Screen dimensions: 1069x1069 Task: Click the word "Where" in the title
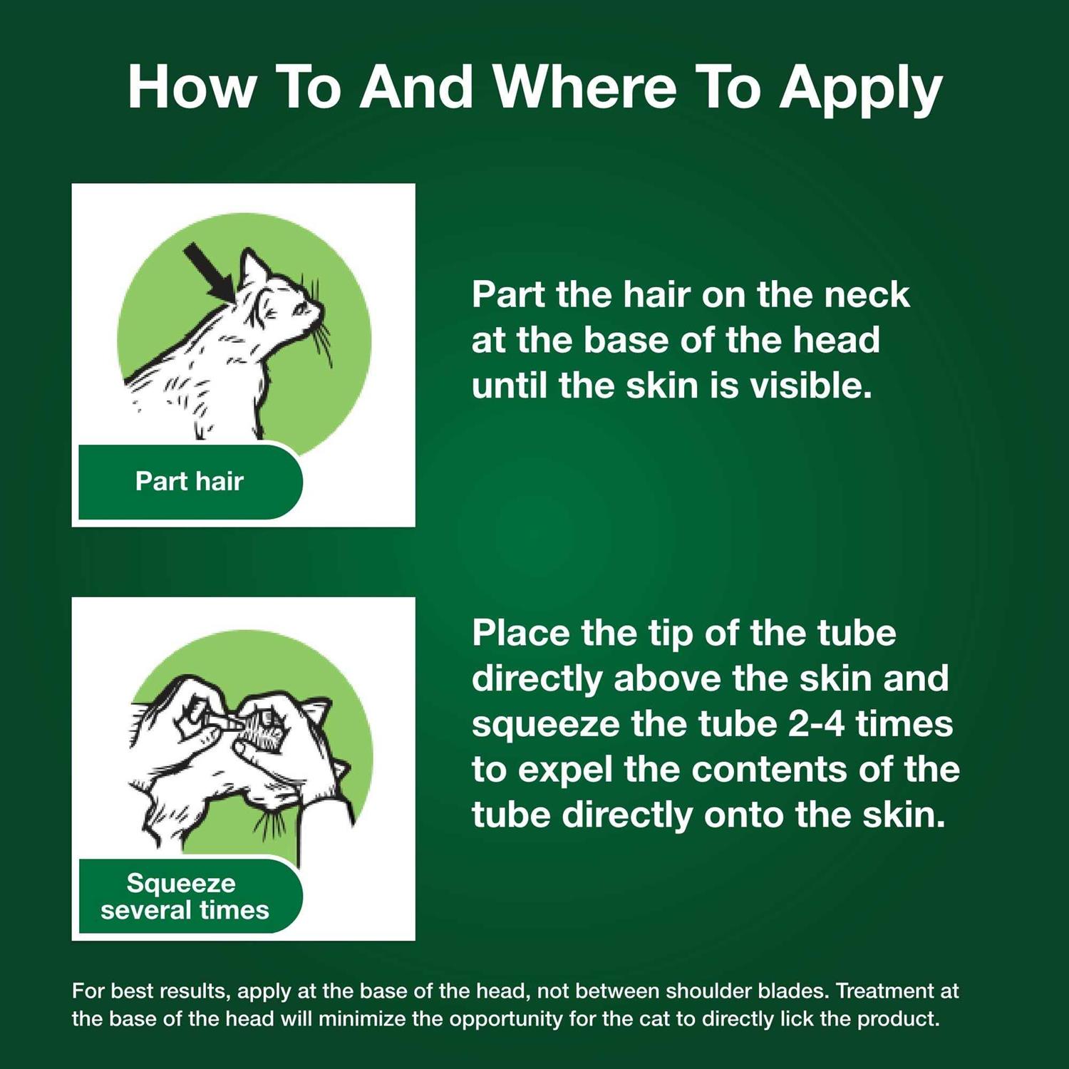[x=585, y=87]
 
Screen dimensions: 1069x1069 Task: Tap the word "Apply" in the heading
[x=861, y=90]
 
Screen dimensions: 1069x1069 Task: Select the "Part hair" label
[x=190, y=481]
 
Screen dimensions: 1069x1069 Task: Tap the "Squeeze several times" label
[x=185, y=897]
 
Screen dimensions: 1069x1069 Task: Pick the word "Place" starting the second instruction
[x=520, y=633]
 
